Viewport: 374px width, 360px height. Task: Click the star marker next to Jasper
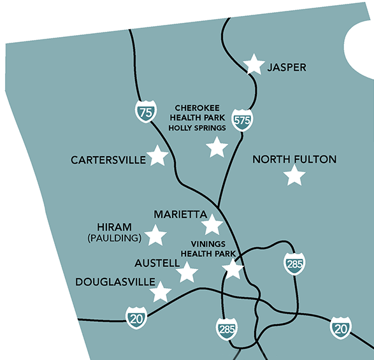click(254, 64)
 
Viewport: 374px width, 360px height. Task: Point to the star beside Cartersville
click(157, 156)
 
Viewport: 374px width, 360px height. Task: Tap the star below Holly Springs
click(217, 148)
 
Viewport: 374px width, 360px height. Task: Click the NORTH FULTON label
click(294, 159)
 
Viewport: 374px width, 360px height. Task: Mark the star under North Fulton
click(294, 175)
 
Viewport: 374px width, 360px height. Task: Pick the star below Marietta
click(212, 225)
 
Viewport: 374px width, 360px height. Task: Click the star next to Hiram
click(156, 236)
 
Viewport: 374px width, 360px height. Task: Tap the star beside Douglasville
click(161, 292)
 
